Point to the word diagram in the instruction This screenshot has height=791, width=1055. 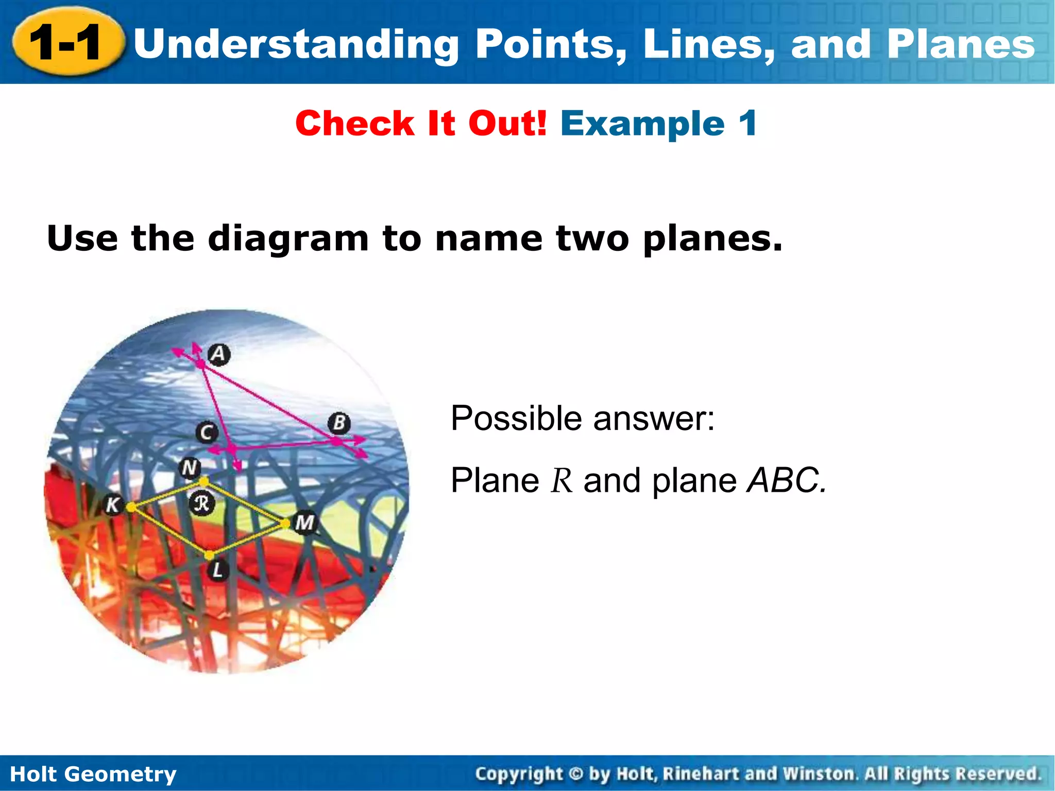pos(288,239)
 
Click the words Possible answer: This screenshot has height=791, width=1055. pos(582,418)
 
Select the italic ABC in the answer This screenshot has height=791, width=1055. pos(786,480)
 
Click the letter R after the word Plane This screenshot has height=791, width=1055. pos(561,481)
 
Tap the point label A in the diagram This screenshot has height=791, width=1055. pos(219,354)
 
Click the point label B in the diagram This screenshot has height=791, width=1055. pos(339,423)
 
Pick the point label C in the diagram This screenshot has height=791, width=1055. pos(207,432)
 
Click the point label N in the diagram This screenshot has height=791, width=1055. pos(190,468)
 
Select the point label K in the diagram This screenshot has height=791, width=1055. pos(112,505)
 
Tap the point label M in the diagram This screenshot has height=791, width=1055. pos(304,523)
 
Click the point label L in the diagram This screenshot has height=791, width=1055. pos(218,570)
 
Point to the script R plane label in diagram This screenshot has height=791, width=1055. pos(201,503)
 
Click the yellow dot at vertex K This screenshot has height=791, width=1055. pos(131,508)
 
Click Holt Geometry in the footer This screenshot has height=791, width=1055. pos(93,774)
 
